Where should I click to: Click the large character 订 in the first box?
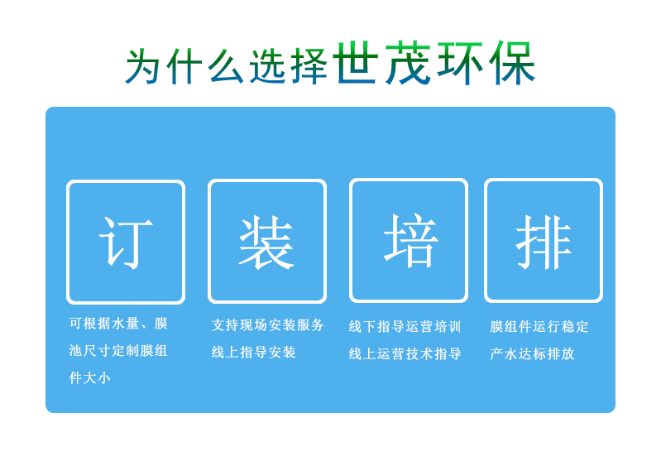(126, 242)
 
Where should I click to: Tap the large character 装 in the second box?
(266, 242)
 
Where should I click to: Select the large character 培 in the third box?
(410, 241)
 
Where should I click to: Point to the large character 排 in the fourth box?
(544, 242)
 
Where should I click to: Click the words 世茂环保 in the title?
(434, 64)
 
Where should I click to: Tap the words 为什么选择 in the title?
(227, 67)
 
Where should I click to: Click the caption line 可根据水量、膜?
(118, 324)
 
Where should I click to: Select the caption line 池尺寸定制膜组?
(118, 351)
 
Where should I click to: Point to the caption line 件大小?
(89, 378)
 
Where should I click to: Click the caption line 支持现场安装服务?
(268, 325)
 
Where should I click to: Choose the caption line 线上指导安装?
(254, 353)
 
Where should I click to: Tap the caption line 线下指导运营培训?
(405, 327)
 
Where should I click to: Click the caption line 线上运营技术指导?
(405, 354)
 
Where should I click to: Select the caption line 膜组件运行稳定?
(539, 327)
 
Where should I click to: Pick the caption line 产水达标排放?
(532, 354)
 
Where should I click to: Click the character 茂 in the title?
(408, 64)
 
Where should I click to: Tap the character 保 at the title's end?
(513, 64)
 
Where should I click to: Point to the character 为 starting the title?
(143, 67)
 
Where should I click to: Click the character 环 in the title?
(461, 64)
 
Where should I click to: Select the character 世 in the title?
(356, 64)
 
